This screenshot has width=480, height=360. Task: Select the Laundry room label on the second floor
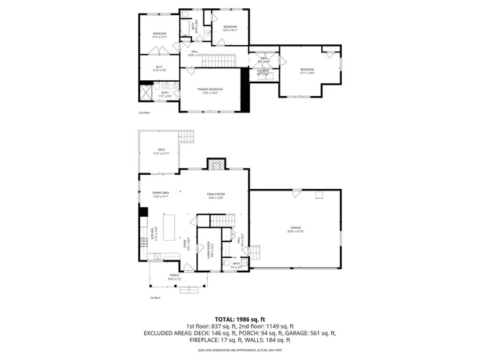point(263,73)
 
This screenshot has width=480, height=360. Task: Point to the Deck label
point(160,151)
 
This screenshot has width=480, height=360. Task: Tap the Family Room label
point(216,196)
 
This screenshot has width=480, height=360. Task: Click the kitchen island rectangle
point(169,225)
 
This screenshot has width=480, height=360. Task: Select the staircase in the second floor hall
point(220,60)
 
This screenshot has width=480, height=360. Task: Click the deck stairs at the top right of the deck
point(188,137)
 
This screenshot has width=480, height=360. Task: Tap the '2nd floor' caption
point(145,112)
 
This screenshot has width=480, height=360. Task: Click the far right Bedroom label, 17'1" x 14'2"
point(307,70)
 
